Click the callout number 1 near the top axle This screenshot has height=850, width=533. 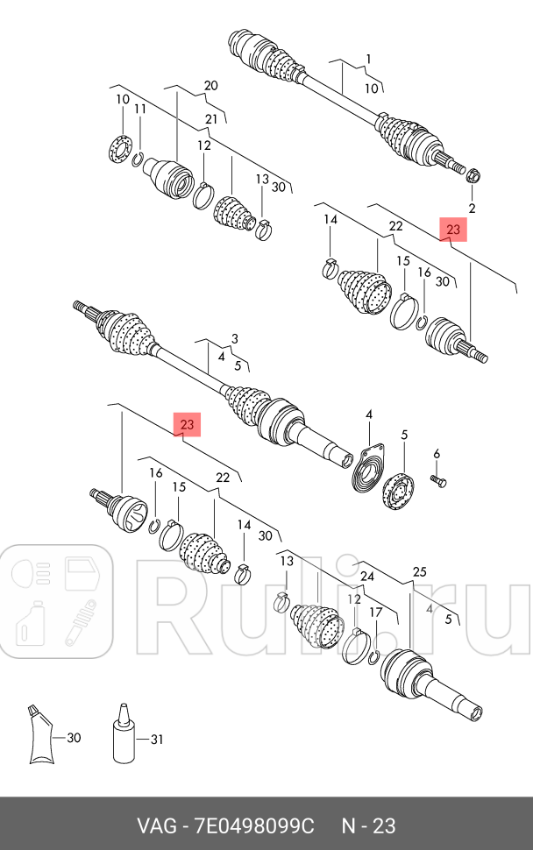coord(369,59)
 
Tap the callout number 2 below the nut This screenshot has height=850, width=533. coord(472,208)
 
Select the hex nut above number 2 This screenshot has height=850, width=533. coord(473,175)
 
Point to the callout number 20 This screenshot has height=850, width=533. coord(211,85)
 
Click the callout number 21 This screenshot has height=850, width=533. coord(211,119)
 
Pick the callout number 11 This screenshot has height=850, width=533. coord(140,109)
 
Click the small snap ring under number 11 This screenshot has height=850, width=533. coord(138,159)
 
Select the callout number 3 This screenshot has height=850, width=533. coord(234,339)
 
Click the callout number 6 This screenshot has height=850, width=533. coord(437,454)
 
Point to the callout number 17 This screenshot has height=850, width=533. coord(376,613)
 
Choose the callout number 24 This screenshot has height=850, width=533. coord(367,577)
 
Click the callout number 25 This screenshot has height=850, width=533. coord(419,571)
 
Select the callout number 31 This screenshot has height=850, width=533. coord(156,739)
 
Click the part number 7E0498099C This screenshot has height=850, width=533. coord(255,826)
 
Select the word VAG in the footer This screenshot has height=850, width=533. coord(157,826)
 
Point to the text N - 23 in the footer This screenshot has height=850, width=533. coord(368,826)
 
